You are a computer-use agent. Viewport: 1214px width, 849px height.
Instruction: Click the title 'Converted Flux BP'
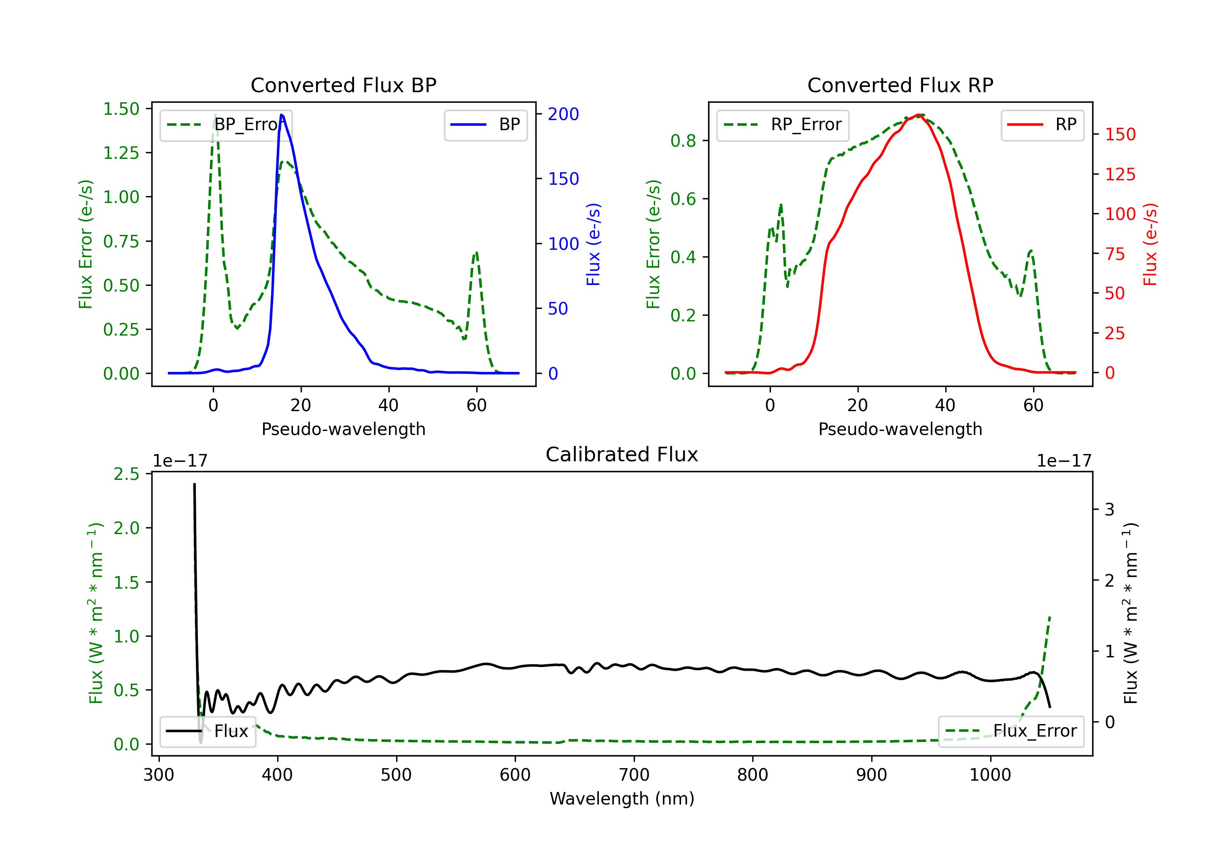pos(343,85)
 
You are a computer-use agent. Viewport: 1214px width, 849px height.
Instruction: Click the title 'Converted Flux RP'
pos(900,85)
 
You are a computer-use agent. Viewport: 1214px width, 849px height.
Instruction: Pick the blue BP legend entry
pos(485,125)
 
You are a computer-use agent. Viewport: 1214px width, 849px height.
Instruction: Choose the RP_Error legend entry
pos(783,125)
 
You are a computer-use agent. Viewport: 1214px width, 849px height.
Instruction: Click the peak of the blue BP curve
pos(281,115)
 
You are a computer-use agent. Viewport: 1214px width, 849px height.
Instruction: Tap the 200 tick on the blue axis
pos(563,114)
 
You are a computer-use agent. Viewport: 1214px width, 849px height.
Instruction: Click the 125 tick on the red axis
pos(1120,174)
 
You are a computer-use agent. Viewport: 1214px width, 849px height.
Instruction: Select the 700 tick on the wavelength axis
pos(633,775)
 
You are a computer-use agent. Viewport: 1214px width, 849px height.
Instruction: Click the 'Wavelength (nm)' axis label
pos(622,798)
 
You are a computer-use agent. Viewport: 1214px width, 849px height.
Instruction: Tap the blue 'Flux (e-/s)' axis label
pos(593,244)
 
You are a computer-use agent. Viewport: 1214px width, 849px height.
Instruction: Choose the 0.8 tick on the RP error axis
pos(683,141)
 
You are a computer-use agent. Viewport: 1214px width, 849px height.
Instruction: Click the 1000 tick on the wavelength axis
pos(990,775)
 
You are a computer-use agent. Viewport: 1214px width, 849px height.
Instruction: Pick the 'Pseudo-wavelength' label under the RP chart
pos(900,429)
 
